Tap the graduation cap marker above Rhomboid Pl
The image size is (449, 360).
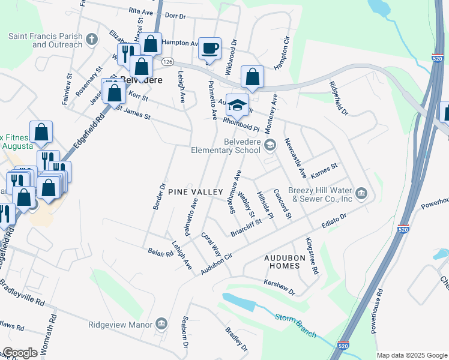(x=237, y=105)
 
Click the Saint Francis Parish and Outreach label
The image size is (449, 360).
(x=45, y=40)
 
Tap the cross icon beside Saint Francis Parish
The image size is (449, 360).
(x=91, y=40)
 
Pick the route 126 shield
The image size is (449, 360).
(x=167, y=62)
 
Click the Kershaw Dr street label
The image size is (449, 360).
(x=280, y=287)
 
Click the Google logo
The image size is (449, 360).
(x=20, y=352)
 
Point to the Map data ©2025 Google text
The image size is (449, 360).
(x=411, y=355)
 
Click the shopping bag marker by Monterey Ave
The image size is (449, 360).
(x=252, y=77)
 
